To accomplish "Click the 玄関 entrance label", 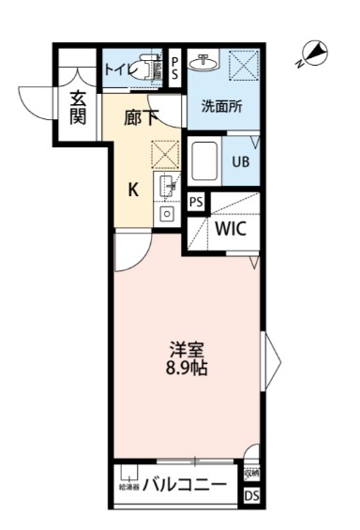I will point(78,106).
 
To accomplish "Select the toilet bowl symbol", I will point(147,69).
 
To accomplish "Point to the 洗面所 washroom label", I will point(221,106).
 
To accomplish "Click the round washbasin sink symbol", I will point(202,62).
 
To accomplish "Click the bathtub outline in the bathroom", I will point(205,162).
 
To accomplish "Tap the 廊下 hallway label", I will point(142,119).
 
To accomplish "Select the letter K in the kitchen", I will point(134,189).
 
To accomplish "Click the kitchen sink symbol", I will point(169,187).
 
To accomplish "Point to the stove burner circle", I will point(168,213).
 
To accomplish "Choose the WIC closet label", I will point(231,228).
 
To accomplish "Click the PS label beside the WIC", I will point(197,202).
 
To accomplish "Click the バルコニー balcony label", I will point(185,487).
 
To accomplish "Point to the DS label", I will point(251,494).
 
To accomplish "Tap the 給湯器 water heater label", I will point(127,488).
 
